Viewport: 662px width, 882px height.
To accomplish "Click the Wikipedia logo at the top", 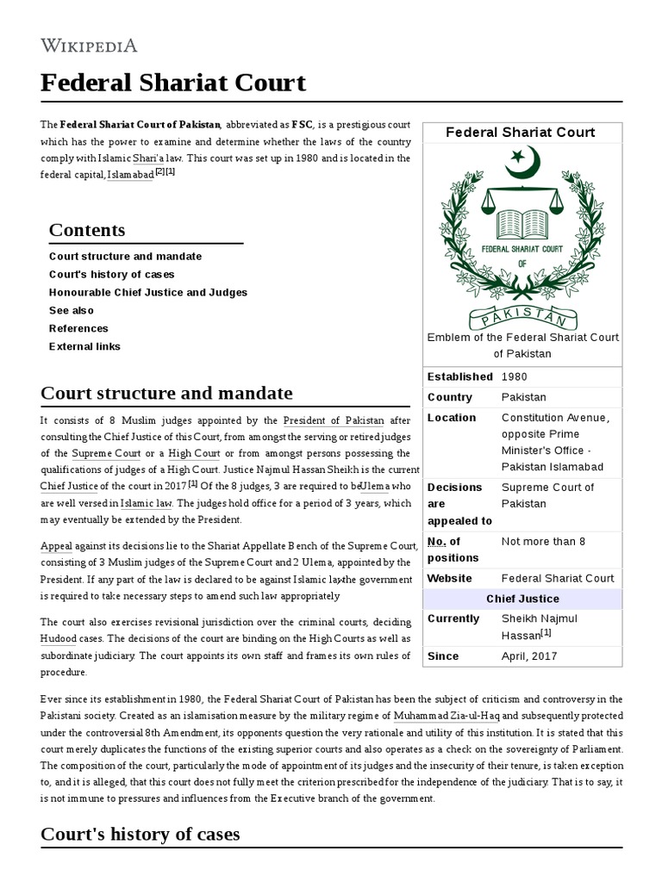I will tap(89, 46).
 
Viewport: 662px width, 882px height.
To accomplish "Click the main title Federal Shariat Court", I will tap(173, 83).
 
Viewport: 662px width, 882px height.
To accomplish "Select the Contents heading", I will tap(87, 230).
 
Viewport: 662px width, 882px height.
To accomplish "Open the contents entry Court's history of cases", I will tap(111, 274).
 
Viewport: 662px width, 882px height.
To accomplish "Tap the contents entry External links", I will tap(84, 346).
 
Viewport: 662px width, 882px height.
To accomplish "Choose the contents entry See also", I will tap(72, 310).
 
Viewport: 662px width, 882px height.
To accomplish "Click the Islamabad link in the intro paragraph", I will tap(130, 175).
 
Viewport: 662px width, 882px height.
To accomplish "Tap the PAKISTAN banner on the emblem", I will tap(522, 313).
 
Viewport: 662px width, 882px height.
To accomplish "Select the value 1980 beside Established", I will tap(514, 376).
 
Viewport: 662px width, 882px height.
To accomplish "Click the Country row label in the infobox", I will tap(450, 397).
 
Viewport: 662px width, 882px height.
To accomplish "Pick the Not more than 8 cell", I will tap(543, 541).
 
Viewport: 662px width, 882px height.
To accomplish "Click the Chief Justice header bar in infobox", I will tap(522, 599).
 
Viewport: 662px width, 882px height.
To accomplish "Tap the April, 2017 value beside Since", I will tap(529, 655).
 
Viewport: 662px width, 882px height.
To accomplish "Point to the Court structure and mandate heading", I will tap(166, 394).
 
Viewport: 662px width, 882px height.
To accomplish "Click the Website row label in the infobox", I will tap(450, 578).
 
